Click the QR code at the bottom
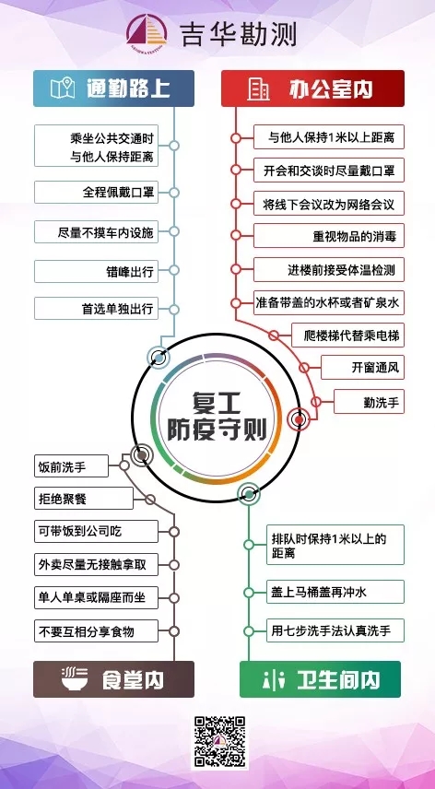219,742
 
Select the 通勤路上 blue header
113,88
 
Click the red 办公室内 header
312,88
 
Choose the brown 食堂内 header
113,679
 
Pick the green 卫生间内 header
320,679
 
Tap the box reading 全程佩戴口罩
96,193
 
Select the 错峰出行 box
96,271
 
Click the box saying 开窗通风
362,368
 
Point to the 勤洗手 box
370,402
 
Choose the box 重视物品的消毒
329,235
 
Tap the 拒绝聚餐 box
84,499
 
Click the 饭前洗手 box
71,466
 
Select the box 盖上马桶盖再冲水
335,592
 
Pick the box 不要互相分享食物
96,631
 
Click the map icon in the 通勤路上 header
63,88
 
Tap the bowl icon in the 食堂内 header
75,679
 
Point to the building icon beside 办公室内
257,89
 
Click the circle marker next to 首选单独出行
174,310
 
